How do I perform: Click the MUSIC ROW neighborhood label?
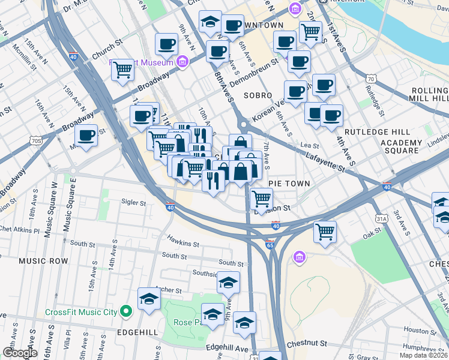pos(43,261)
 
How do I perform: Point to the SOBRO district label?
pos(258,95)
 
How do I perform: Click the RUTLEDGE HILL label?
pos(377,132)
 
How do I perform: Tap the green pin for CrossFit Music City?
pos(126,311)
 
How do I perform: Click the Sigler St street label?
pos(134,203)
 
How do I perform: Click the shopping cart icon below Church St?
pos(122,70)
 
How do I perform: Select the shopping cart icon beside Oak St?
pos(325,230)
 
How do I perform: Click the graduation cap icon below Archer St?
pos(149,298)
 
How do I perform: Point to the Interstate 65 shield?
pos(270,245)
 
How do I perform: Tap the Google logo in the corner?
pos(19,353)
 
